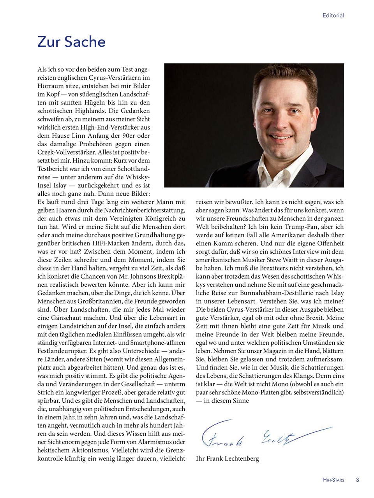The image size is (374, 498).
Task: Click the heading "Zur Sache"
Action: pos(71,42)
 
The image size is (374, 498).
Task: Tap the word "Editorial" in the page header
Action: pos(333,16)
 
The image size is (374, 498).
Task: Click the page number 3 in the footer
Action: pos(357,480)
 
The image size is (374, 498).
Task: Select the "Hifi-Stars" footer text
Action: pos(333,480)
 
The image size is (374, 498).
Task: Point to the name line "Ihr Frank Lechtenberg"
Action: pos(227,458)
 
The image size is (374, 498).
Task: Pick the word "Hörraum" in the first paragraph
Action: pos(49,86)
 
